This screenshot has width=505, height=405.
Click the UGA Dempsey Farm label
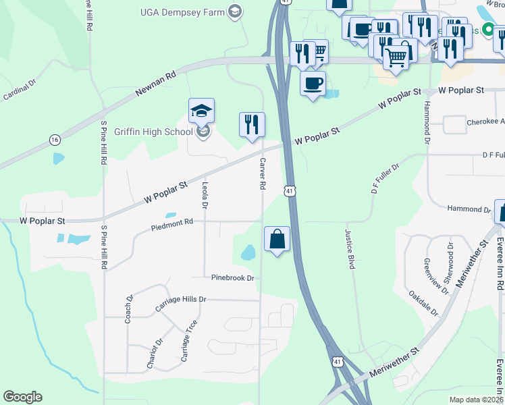click(x=182, y=11)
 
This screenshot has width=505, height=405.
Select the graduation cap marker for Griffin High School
click(x=201, y=111)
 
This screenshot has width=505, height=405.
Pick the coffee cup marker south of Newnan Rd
click(x=313, y=84)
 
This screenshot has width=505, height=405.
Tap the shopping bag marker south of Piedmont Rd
click(x=277, y=239)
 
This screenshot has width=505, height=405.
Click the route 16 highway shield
click(x=54, y=140)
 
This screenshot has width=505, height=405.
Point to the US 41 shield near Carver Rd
click(x=289, y=192)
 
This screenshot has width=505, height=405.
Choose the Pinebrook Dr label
click(x=232, y=277)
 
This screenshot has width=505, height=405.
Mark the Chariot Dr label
click(x=155, y=354)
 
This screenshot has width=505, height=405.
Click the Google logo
click(x=22, y=397)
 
